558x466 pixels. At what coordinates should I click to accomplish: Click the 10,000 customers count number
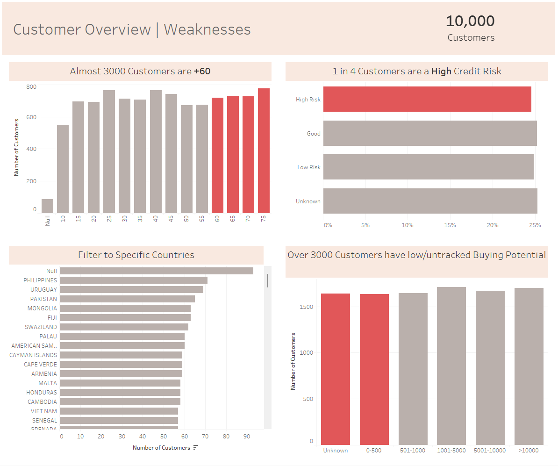pyautogui.click(x=470, y=21)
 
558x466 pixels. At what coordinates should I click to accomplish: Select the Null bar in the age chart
pyautogui.click(x=48, y=206)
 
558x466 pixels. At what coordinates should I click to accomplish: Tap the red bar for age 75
pyautogui.click(x=264, y=151)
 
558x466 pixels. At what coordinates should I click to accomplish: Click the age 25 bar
pyautogui.click(x=109, y=151)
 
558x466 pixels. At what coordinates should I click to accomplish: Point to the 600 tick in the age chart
pyautogui.click(x=31, y=117)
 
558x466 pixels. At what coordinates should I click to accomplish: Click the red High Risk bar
pyautogui.click(x=427, y=99)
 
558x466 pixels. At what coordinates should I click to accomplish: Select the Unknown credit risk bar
pyautogui.click(x=430, y=201)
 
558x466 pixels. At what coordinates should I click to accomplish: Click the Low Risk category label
pyautogui.click(x=309, y=167)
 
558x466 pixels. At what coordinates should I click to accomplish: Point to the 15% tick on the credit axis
pyautogui.click(x=450, y=225)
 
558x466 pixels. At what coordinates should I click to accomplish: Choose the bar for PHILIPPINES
pyautogui.click(x=133, y=280)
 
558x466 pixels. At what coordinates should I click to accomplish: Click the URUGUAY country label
pyautogui.click(x=43, y=290)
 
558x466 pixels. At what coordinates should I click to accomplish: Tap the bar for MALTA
pyautogui.click(x=120, y=383)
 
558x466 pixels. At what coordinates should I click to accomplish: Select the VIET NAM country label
pyautogui.click(x=43, y=411)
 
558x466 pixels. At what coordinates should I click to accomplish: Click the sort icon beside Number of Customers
pyautogui.click(x=196, y=448)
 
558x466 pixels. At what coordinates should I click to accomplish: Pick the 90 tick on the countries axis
pyautogui.click(x=247, y=437)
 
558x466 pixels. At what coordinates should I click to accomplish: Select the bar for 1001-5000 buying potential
pyautogui.click(x=451, y=366)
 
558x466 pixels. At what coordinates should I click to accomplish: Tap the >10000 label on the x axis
pyautogui.click(x=529, y=451)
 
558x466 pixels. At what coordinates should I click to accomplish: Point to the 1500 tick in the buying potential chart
pyautogui.click(x=307, y=307)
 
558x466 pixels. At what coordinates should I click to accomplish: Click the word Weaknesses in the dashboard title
pyautogui.click(x=207, y=29)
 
